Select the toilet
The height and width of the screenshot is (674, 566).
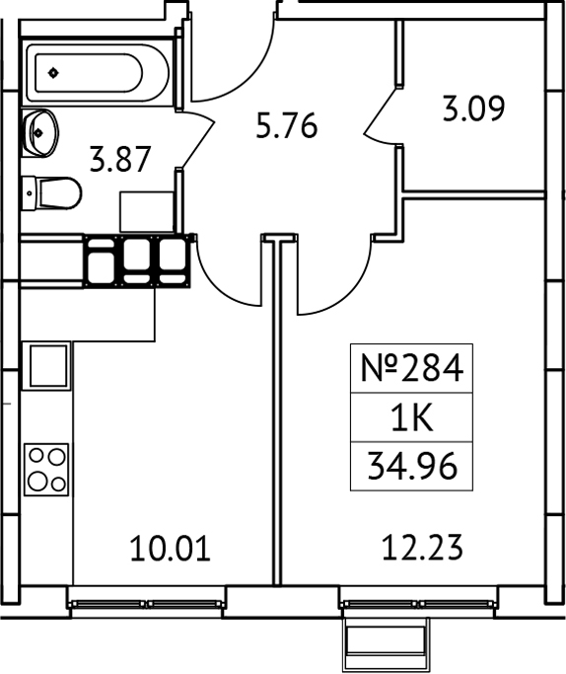pyautogui.click(x=53, y=191)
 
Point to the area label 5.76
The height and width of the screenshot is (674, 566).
pyautogui.click(x=286, y=126)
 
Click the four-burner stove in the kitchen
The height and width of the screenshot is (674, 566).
pyautogui.click(x=47, y=469)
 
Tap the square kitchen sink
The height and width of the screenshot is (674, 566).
pyautogui.click(x=47, y=365)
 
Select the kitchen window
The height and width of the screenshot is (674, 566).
pyautogui.click(x=147, y=601)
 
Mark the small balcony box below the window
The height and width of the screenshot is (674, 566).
pyautogui.click(x=388, y=646)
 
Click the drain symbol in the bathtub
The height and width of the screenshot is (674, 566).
pyautogui.click(x=52, y=71)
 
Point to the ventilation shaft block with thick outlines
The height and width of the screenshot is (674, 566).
pyautogui.click(x=138, y=260)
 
